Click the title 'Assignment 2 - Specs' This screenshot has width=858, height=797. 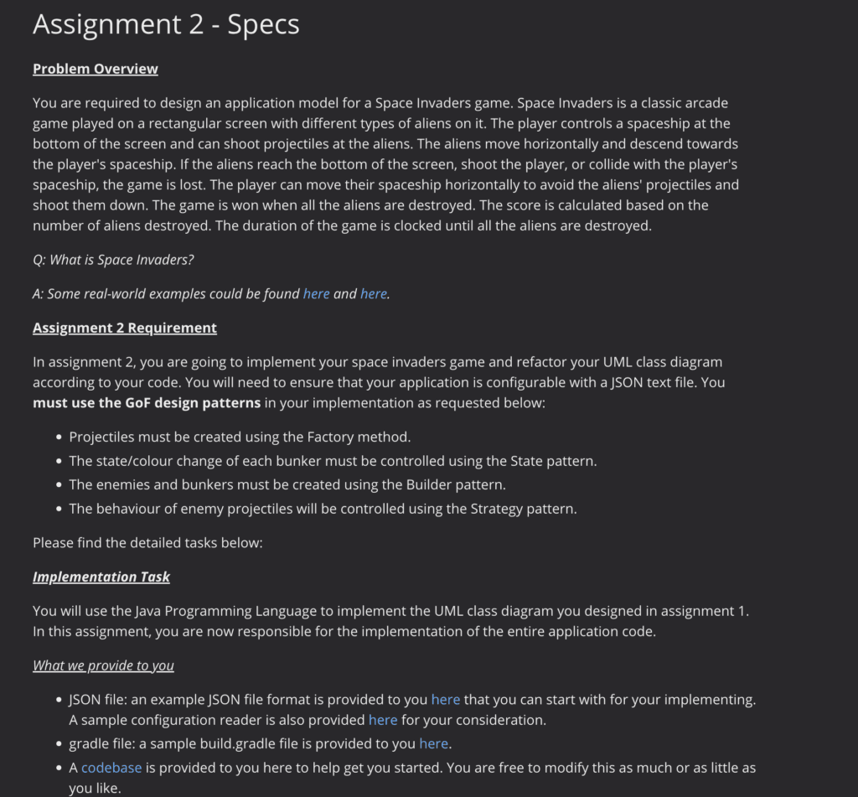(166, 24)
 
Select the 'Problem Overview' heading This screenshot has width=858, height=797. (95, 69)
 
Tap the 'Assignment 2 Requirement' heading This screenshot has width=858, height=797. (124, 328)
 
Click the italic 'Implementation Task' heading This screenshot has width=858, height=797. (101, 577)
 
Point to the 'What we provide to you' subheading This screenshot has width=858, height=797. (103, 665)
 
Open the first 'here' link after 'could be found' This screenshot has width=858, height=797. (316, 293)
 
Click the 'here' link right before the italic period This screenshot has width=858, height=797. (374, 293)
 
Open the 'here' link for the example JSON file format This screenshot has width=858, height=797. (446, 699)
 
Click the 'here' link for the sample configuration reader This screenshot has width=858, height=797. (383, 720)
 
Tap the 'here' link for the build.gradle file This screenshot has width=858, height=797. (433, 743)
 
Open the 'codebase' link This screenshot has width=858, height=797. (111, 768)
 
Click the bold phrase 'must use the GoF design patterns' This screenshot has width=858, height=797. (147, 403)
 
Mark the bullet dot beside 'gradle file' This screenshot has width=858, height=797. (59, 744)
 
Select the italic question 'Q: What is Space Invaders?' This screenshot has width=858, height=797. (113, 260)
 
